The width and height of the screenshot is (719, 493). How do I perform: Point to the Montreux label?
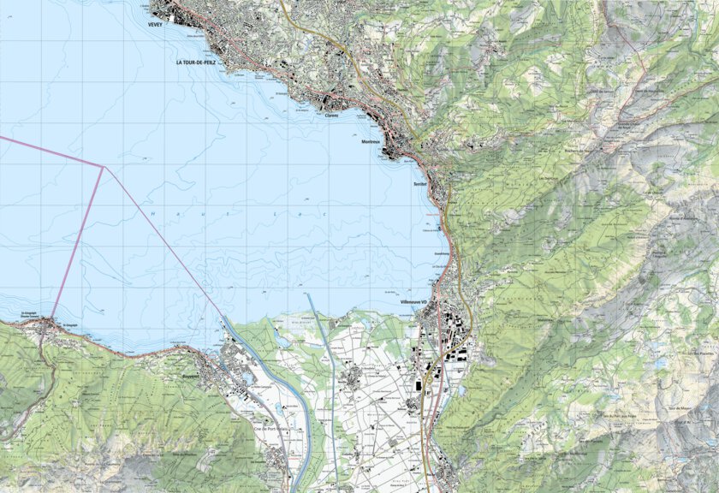[x=371, y=142]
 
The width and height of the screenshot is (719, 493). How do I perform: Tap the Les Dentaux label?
[x=548, y=178]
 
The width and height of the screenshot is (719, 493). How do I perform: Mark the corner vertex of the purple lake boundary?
[x=104, y=167]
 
